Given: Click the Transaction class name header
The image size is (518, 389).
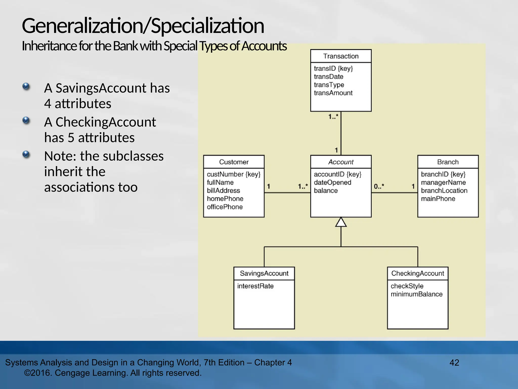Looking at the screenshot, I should click(x=341, y=56).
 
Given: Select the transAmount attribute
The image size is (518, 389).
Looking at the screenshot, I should click(x=333, y=93).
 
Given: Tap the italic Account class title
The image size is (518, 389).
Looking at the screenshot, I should click(x=341, y=162).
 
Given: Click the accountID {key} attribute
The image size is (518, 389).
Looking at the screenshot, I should click(x=337, y=174).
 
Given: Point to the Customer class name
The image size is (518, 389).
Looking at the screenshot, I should click(x=234, y=162).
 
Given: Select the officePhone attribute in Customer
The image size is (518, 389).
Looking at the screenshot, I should click(x=225, y=207).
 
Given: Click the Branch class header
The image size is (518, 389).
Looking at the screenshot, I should click(x=448, y=162).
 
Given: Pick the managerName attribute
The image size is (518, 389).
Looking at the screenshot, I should click(x=443, y=183).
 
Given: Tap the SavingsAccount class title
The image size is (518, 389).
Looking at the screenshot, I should click(x=264, y=274).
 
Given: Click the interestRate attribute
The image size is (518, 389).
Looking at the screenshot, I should click(x=255, y=286).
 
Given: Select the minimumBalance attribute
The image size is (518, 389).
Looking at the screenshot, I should click(x=416, y=294).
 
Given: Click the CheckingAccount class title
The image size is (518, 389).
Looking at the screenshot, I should click(x=418, y=274).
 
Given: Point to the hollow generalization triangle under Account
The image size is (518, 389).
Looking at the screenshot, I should click(x=341, y=222).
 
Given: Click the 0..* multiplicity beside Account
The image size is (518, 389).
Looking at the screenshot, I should click(x=379, y=187).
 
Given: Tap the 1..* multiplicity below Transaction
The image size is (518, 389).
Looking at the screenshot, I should click(x=333, y=117).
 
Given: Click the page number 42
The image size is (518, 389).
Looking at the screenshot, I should click(x=454, y=363).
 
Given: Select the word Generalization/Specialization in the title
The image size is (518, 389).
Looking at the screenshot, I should click(x=143, y=26).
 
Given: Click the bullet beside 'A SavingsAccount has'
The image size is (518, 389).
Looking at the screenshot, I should click(x=26, y=87).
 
